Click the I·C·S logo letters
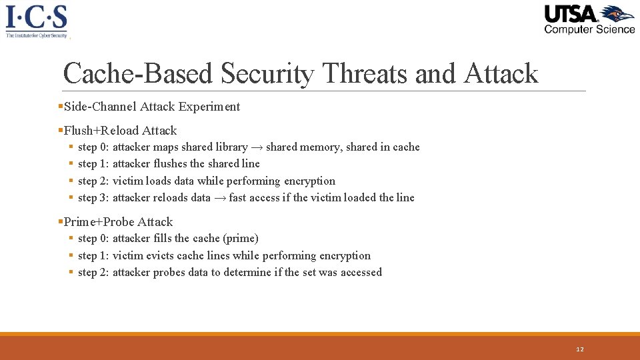pyautogui.click(x=36, y=16)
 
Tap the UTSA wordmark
pyautogui.click(x=571, y=14)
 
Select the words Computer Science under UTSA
pyautogui.click(x=589, y=29)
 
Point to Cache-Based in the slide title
pyautogui.click(x=138, y=73)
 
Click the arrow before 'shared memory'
pyautogui.click(x=257, y=147)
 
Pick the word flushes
pyautogui.click(x=171, y=164)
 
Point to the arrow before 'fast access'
pyautogui.click(x=219, y=198)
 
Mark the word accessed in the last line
pyautogui.click(x=361, y=273)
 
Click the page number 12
pyautogui.click(x=579, y=349)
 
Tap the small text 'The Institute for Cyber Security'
pyautogui.click(x=36, y=35)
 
